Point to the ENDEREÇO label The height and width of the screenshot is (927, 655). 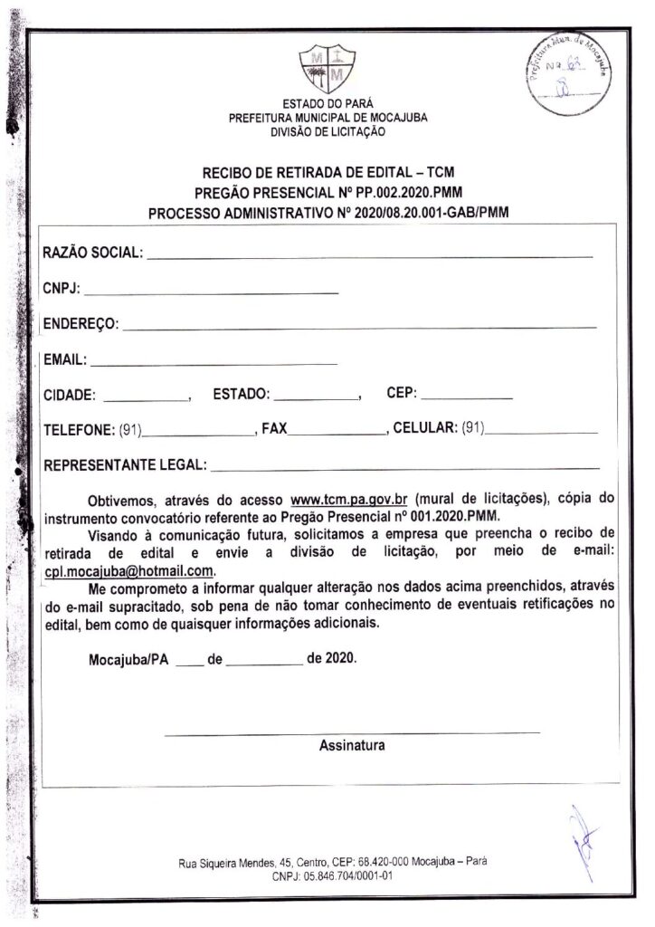point(80,324)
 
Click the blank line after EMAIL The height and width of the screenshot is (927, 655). point(214,362)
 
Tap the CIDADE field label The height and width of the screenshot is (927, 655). point(71,396)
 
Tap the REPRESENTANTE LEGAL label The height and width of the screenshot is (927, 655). point(124,466)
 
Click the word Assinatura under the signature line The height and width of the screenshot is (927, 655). point(352,746)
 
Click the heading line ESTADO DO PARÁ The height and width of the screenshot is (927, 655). point(327,104)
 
